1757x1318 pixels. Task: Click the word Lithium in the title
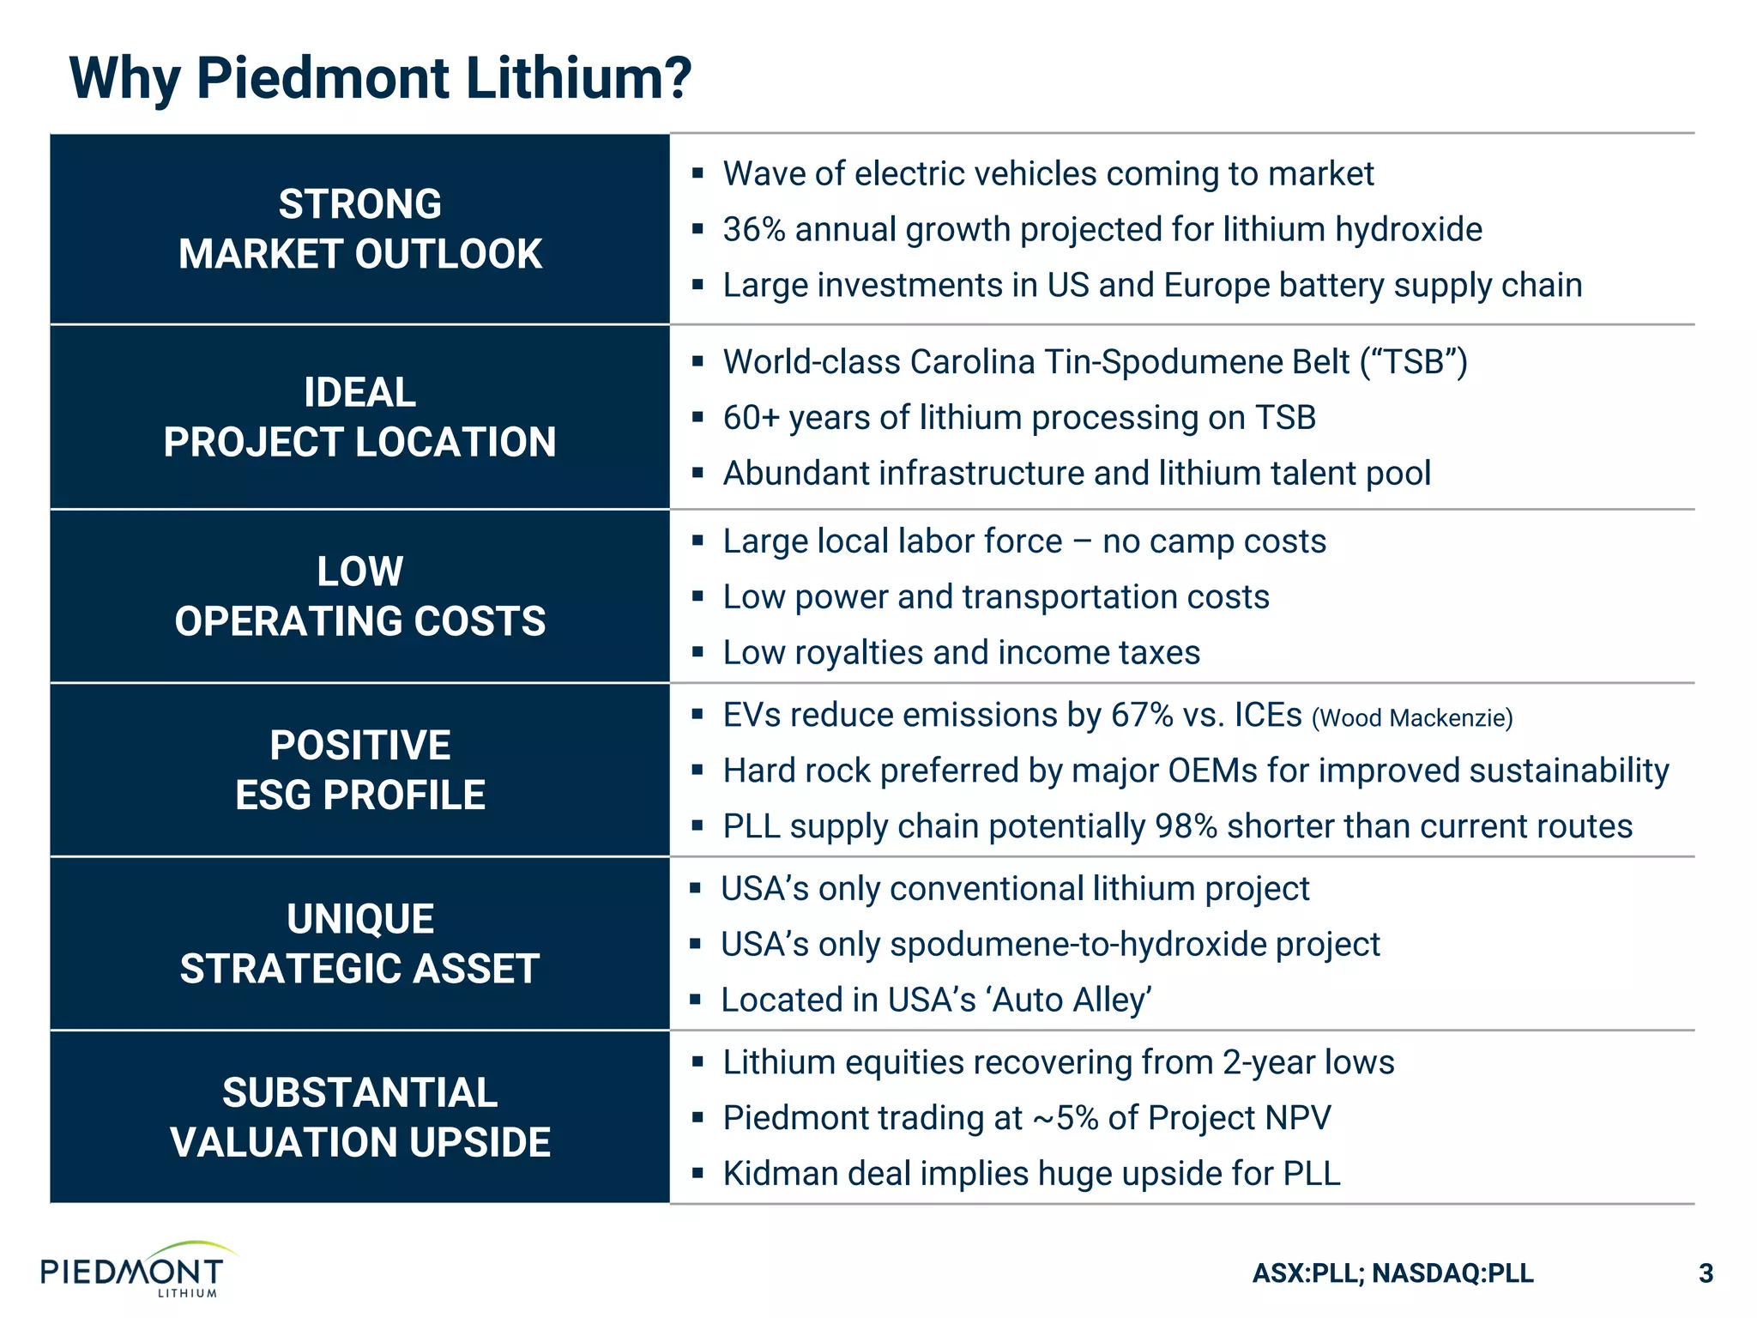[x=556, y=79]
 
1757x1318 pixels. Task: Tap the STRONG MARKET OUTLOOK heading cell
[x=359, y=229]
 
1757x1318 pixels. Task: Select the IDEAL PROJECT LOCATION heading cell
[x=359, y=417]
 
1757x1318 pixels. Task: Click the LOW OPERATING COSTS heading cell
[x=359, y=596]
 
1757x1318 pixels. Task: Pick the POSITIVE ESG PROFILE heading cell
[x=359, y=770]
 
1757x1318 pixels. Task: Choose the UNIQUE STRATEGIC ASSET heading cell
[x=359, y=944]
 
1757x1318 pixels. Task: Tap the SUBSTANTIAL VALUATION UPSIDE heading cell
[x=359, y=1117]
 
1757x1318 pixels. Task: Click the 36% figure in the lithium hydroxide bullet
[x=753, y=230]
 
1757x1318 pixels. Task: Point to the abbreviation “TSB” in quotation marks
[x=1414, y=362]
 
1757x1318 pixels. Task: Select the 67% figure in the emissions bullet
[x=1141, y=715]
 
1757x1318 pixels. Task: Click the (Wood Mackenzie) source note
[x=1412, y=717]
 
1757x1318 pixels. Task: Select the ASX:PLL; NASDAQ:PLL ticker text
[x=1392, y=1273]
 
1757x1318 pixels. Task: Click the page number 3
[x=1706, y=1273]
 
